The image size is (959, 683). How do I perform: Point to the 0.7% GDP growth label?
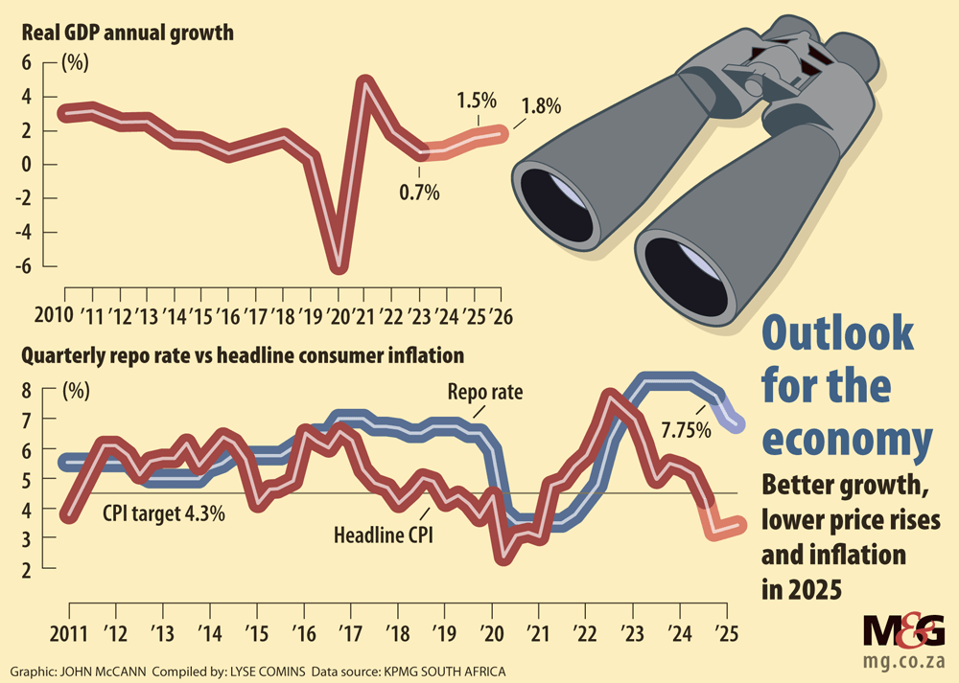click(419, 193)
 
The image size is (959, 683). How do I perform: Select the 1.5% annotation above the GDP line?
click(475, 100)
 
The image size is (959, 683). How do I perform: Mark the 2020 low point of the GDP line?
click(338, 267)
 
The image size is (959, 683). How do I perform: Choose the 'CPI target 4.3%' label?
click(164, 513)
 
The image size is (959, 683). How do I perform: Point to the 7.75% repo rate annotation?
click(685, 429)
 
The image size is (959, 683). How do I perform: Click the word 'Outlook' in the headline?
click(837, 336)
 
